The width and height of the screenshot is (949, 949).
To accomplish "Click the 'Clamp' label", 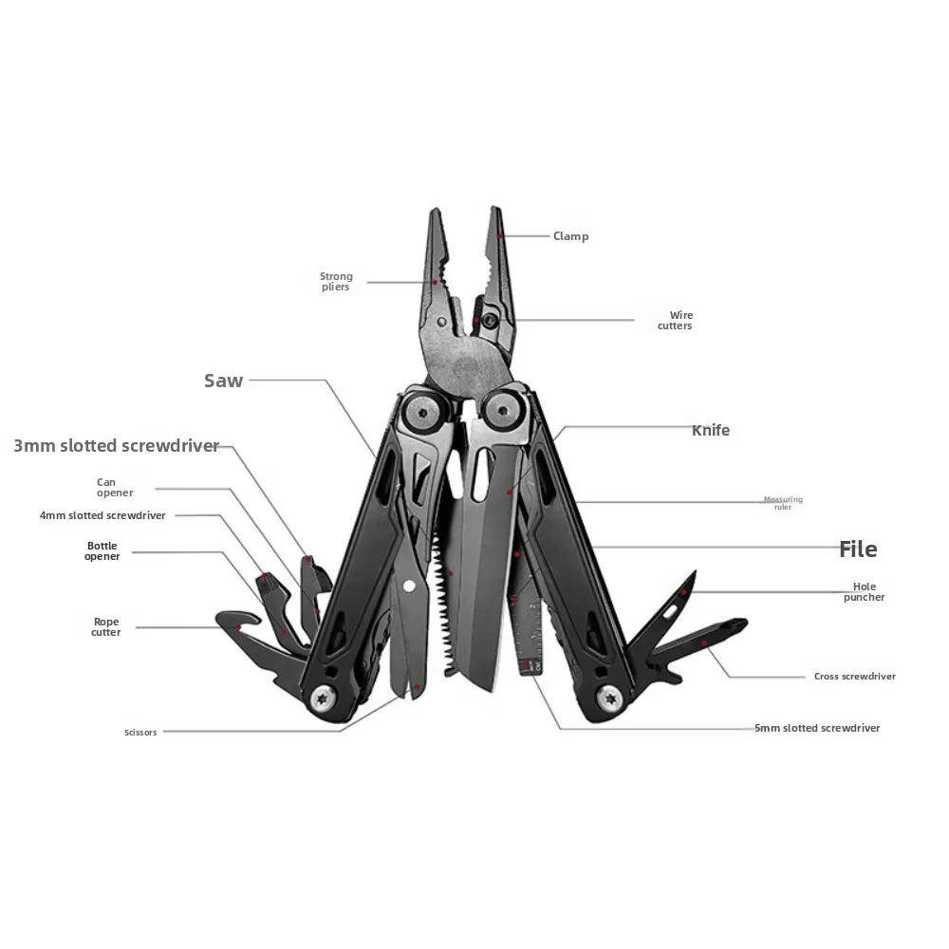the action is point(570,236).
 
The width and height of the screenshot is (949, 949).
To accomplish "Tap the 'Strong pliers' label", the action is point(335,282).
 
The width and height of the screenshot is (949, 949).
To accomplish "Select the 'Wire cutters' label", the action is point(675,321).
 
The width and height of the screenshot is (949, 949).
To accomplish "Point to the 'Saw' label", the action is point(224,381).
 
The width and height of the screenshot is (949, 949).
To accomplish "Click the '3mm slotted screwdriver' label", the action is point(117,445).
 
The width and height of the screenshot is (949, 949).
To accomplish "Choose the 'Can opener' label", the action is point(115,488).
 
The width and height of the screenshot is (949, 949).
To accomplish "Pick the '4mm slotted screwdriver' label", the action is point(102,515).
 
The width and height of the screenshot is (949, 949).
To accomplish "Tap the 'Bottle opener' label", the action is point(102,551).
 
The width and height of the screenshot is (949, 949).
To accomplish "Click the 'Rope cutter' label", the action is point(106,627).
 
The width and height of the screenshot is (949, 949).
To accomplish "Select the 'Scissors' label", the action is point(140,733).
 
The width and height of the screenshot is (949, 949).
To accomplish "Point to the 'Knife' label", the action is point(710,430).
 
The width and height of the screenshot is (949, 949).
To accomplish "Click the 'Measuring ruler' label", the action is point(783,503).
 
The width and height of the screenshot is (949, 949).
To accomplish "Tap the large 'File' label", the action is point(858,549).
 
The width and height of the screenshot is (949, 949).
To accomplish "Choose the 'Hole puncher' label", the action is point(864,592).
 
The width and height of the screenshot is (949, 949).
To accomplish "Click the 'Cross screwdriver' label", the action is point(854,677).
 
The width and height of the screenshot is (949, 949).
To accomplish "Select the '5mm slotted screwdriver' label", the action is point(816,728).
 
